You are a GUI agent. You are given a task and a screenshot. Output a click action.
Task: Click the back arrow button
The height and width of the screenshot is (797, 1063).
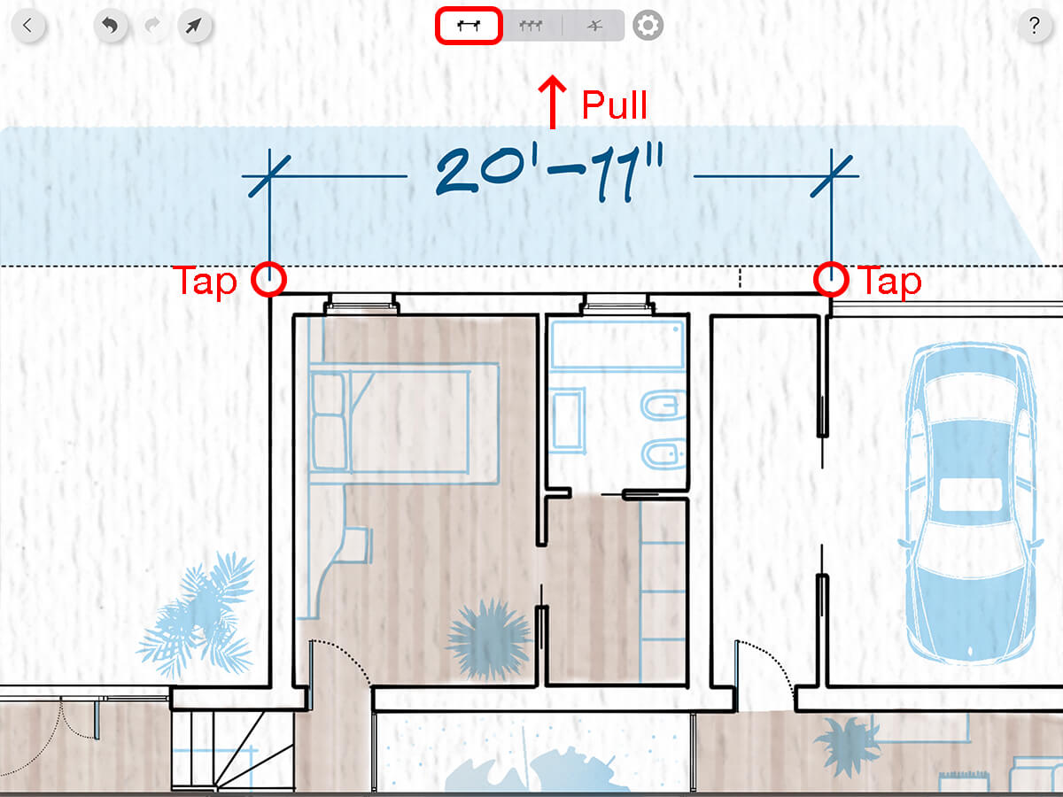27,25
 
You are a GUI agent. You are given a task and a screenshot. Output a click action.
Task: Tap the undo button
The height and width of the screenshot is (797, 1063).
110,25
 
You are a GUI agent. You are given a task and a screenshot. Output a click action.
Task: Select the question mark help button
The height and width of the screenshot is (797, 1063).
1034,25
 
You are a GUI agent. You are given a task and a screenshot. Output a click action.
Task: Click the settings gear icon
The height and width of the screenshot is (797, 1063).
648,26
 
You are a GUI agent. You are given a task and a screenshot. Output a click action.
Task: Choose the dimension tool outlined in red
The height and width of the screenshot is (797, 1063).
469,26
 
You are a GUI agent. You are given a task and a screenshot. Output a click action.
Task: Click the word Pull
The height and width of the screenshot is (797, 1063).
614,105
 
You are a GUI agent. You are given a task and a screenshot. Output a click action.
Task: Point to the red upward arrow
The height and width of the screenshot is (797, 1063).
554,102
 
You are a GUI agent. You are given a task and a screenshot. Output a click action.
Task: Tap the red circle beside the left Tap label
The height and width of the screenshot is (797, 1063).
268,279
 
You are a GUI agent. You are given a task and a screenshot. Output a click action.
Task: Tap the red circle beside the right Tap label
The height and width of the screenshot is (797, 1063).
831,279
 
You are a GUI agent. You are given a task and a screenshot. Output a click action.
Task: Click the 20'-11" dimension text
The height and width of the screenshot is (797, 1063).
550,174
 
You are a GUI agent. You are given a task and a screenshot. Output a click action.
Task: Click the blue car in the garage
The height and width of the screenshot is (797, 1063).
970,500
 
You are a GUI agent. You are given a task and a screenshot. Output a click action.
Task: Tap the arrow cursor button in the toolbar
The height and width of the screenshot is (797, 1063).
194,25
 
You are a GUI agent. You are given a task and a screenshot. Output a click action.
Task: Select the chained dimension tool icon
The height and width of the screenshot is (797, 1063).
531,26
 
